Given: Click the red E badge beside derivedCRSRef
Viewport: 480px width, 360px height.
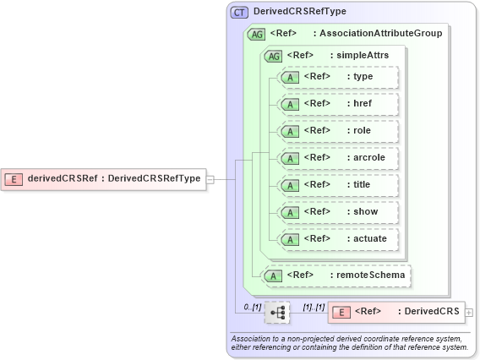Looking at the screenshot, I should pos(14,178).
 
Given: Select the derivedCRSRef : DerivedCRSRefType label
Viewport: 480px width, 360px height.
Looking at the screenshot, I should pos(114,178).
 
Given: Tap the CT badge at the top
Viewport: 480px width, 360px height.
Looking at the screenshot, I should pos(239,12).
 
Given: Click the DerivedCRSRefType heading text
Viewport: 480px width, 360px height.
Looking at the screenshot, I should pos(299,12).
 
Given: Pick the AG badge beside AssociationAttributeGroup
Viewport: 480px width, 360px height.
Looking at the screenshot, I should pos(255,35).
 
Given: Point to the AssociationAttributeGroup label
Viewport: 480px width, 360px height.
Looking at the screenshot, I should pos(377,35).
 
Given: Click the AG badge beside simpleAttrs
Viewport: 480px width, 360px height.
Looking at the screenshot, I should pos(274,56).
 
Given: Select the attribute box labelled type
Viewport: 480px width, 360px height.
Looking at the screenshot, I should pos(338,77).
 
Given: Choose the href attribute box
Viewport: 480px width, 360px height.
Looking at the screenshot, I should pos(338,104).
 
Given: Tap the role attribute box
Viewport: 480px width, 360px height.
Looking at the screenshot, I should pos(338,131).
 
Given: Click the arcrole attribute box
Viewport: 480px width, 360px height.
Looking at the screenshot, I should pos(338,158).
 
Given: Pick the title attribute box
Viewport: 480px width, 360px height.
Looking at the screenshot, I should pos(338,185).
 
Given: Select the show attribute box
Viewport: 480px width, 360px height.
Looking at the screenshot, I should pos(338,212).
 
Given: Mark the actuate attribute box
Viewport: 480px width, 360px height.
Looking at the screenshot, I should pos(338,239).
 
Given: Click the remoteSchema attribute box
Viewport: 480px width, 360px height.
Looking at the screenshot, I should pos(338,275).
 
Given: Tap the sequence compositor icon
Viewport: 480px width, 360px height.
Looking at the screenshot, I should pos(277,313).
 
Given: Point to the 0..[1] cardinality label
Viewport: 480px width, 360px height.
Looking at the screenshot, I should pos(252,306).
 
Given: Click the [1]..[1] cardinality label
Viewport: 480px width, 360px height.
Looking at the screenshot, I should pos(314,306).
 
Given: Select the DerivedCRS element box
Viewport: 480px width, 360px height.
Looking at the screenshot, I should pos(395,313).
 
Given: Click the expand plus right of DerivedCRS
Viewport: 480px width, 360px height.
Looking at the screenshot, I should pos(469,313).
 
